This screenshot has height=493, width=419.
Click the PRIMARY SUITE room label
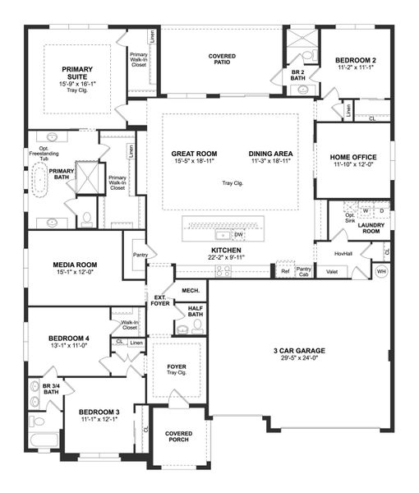point(76,74)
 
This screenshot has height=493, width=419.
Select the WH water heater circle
point(381,271)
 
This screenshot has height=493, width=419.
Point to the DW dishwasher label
point(238,234)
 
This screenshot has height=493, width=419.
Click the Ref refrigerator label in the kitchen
point(285,270)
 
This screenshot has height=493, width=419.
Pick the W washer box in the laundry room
point(366,211)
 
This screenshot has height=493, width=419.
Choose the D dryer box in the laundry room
point(381,211)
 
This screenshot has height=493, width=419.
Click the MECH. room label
point(191,291)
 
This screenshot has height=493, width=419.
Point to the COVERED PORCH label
point(178,437)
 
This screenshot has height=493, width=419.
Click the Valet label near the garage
point(332,270)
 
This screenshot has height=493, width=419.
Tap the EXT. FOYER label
point(160,301)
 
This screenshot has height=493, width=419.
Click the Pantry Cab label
point(303,270)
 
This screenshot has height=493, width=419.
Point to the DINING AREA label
point(270,154)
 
